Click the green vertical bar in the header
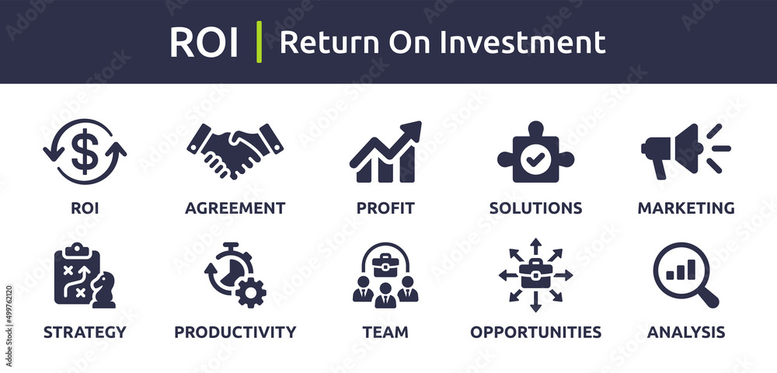click(259, 42)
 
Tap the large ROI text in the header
click(204, 43)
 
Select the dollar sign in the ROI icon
click(84, 152)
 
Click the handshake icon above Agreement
click(235, 148)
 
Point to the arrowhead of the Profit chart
click(413, 130)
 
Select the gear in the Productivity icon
click(250, 293)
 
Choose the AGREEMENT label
click(235, 208)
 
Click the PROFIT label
click(385, 208)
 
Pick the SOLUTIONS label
click(535, 208)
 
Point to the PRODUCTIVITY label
click(235, 333)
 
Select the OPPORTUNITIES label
click(535, 333)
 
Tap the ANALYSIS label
click(686, 333)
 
